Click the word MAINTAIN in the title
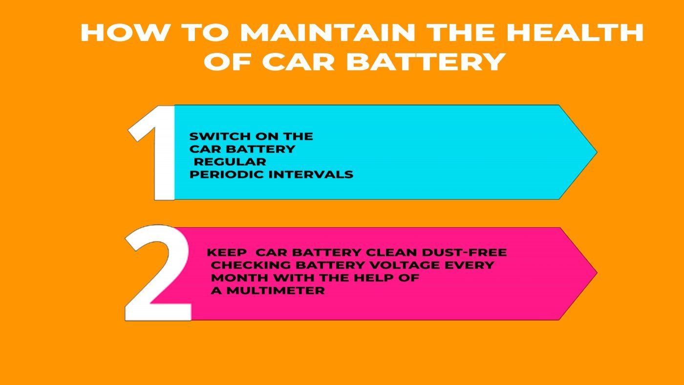(328, 33)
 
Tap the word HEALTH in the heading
(575, 33)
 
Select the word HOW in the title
(124, 33)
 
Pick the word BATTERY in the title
(426, 62)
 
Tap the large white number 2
(158, 273)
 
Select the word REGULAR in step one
(230, 162)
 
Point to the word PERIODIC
(227, 174)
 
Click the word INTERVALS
(311, 174)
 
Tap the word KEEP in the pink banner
(227, 253)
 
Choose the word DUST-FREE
(464, 253)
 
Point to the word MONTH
(240, 278)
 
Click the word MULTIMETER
(276, 291)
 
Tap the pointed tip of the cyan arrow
(597, 151)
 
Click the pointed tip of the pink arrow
(597, 273)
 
